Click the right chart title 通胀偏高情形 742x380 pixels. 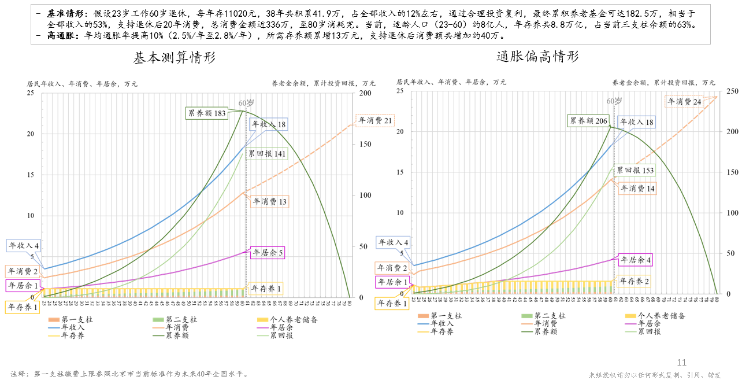[x=537, y=57]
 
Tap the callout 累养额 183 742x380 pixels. [x=206, y=113]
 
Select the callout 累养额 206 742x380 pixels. [x=589, y=121]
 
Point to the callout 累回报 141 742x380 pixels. [x=267, y=154]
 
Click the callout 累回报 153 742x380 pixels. [x=635, y=171]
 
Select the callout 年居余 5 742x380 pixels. [x=268, y=253]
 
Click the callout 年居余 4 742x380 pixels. [x=636, y=260]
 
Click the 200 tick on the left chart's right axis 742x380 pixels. [x=366, y=93]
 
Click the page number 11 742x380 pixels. [x=682, y=363]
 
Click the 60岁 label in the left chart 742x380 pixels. [x=247, y=103]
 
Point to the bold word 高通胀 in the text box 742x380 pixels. [x=64, y=35]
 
